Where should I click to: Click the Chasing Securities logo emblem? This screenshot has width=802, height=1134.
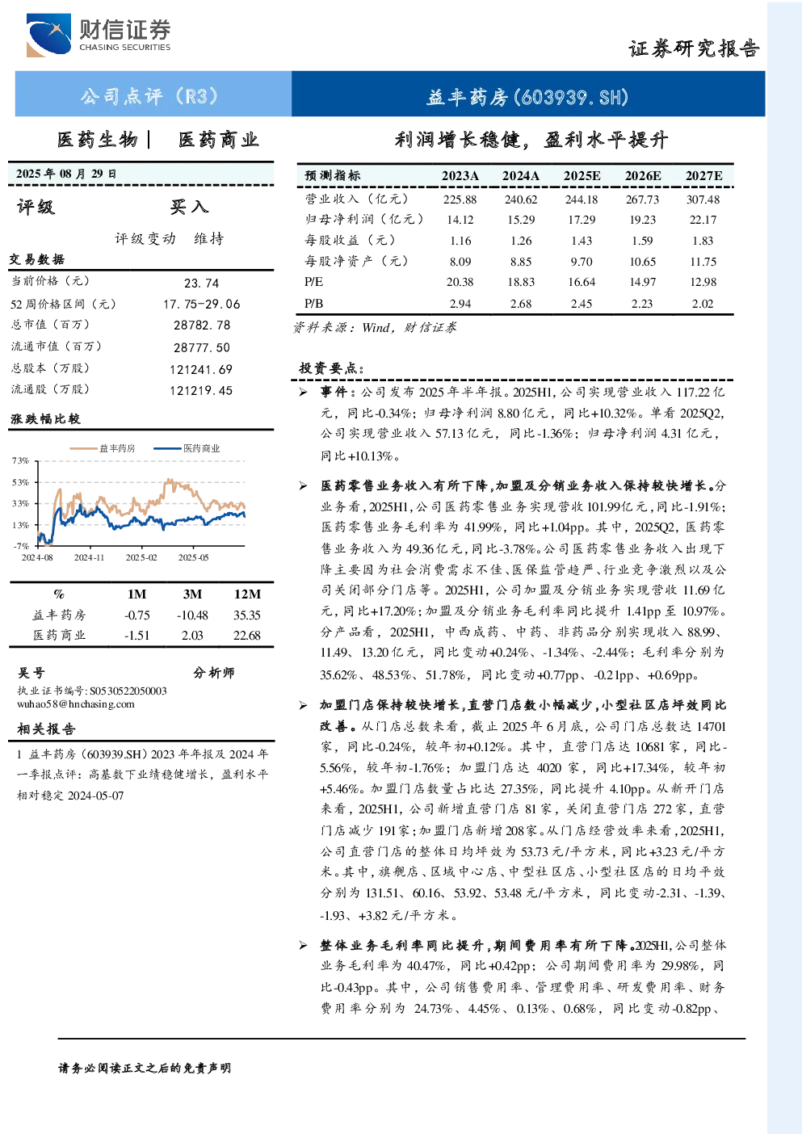49,35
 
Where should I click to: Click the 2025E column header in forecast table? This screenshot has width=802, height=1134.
582,175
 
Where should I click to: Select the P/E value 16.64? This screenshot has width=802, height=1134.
582,282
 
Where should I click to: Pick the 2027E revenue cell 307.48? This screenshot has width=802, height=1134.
703,199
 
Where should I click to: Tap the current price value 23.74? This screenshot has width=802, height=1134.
202,283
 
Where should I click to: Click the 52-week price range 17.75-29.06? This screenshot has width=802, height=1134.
202,304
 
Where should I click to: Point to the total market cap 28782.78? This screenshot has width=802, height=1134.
202,325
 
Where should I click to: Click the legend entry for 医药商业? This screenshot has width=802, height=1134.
187,448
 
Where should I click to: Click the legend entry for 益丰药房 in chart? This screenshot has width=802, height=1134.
103,448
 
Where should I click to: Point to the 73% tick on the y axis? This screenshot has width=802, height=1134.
20,460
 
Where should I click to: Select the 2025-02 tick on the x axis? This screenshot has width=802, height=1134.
141,557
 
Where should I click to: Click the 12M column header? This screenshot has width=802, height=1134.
247,594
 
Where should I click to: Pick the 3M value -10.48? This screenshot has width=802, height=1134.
192,615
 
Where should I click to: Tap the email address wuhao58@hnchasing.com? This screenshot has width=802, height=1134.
76,703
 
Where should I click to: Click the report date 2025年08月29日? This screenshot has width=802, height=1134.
65,174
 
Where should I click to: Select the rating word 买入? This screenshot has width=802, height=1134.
189,207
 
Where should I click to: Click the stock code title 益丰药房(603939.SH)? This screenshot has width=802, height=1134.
527,97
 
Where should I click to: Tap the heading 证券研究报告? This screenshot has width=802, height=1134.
694,48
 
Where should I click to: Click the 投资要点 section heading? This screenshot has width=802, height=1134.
332,368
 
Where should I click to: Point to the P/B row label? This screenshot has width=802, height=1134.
313,303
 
